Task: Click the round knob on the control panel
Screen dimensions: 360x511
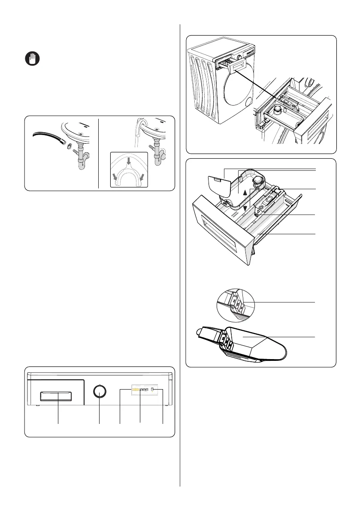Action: click(x=100, y=391)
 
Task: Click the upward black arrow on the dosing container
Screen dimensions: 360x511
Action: click(x=245, y=193)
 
